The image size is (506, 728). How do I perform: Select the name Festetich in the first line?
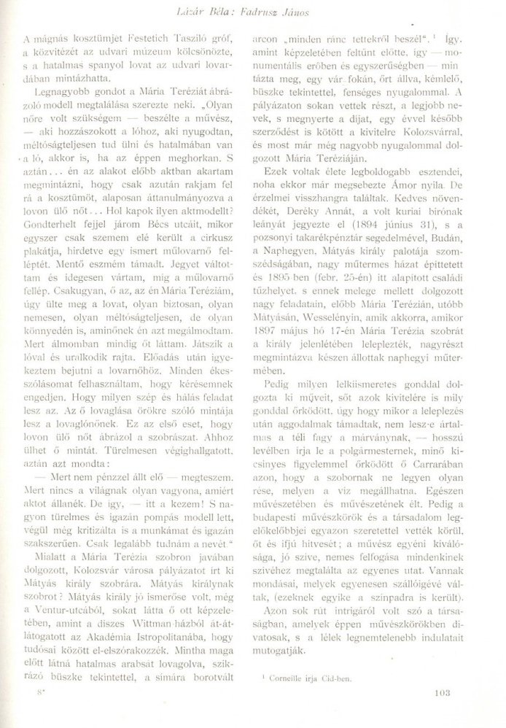139,36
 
